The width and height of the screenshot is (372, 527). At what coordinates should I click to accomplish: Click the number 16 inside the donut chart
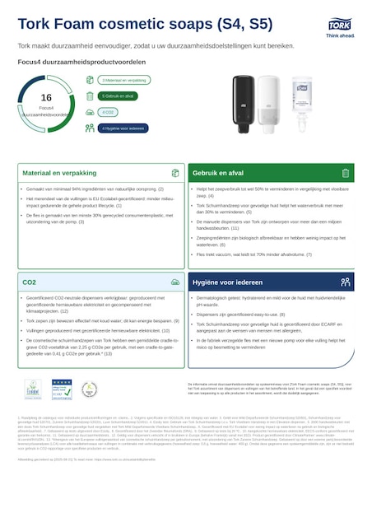[x=46, y=97]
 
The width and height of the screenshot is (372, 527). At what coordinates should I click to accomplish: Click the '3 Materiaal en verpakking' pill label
[x=123, y=81]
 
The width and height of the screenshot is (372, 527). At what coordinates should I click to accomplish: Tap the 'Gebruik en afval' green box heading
[x=218, y=173]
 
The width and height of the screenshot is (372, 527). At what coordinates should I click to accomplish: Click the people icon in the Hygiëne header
[x=346, y=282]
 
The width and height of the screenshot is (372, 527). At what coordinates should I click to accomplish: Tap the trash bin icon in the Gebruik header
[x=346, y=173]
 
